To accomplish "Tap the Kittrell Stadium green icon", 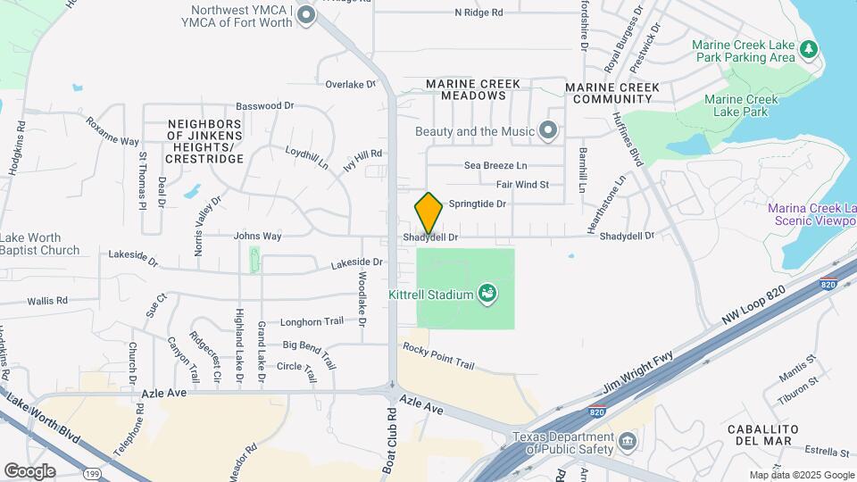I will coord(487,293).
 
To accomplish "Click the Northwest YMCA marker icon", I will coord(306,14).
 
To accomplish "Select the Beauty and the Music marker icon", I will coord(549,132).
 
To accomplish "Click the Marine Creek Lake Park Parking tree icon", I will coord(808,49).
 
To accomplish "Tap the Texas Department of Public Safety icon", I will coord(628,441).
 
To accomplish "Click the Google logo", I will coord(29,470).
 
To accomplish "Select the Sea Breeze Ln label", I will coord(495,165).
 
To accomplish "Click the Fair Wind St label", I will coord(522,185).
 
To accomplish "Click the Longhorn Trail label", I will coord(312,322).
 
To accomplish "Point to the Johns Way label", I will coord(257,237).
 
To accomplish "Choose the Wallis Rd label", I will coord(47,301).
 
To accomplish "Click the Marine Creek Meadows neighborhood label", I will coord(472,89).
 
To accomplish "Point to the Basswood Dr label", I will coord(264,105).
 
